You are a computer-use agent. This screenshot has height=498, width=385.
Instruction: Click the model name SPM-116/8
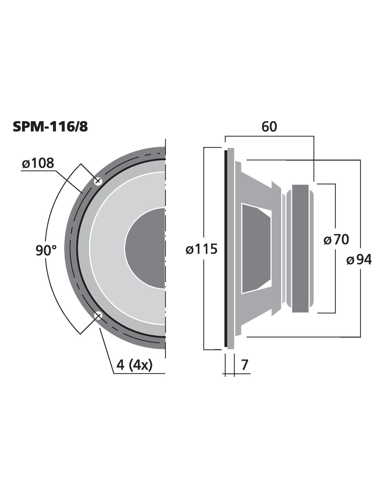click(50, 127)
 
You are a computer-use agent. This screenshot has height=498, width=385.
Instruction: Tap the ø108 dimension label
click(38, 164)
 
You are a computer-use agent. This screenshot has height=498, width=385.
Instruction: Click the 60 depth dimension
click(269, 127)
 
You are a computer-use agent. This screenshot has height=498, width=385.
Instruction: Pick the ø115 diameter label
click(202, 249)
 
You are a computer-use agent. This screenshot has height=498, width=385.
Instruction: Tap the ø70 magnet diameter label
click(336, 240)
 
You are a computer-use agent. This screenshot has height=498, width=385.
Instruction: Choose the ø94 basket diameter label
click(359, 260)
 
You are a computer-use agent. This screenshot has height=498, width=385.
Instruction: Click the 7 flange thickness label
click(245, 365)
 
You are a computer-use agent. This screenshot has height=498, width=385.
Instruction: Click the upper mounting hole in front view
click(98, 181)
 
